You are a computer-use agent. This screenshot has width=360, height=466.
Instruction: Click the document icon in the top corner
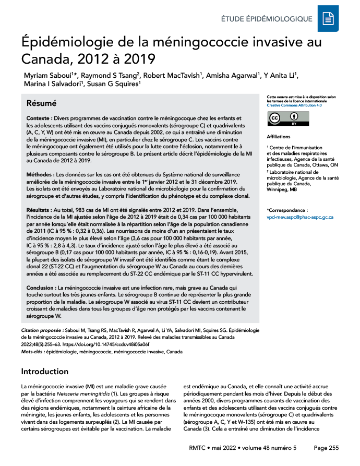(328, 19)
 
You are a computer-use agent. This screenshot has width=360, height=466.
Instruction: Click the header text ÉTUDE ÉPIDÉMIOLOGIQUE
(267, 19)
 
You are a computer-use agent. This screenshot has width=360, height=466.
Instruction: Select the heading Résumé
(42, 103)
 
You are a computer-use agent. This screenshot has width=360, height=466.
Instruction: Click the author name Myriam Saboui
(45, 76)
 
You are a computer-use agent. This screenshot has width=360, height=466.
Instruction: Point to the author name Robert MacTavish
(172, 76)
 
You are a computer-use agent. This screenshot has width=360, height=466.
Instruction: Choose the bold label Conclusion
(42, 288)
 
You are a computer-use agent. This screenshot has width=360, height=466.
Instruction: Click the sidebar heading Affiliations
(279, 137)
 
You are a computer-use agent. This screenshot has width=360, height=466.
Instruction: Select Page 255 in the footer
(326, 448)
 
